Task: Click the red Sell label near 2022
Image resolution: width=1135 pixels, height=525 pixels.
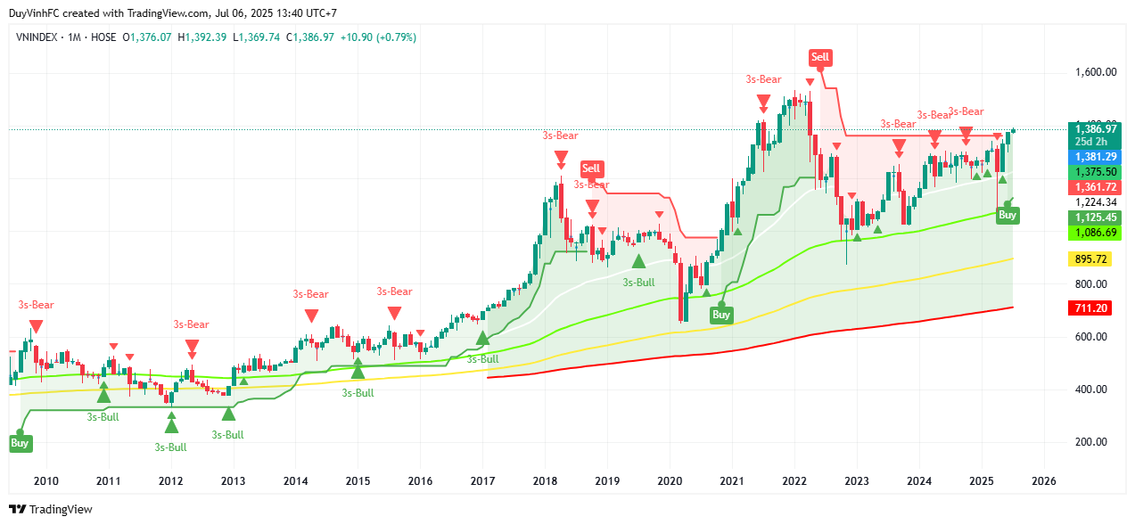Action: point(819,58)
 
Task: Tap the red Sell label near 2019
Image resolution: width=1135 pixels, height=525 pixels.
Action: point(591,168)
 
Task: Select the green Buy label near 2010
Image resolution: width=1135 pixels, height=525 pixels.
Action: point(20,442)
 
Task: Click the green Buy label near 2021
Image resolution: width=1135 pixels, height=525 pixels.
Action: point(721,314)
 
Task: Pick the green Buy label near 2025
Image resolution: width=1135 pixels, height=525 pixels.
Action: point(1007,215)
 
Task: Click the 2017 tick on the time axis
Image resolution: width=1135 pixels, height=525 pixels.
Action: point(482,480)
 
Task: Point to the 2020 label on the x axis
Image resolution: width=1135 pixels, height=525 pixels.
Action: point(670,480)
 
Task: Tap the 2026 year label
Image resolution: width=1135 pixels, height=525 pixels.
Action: point(1043,480)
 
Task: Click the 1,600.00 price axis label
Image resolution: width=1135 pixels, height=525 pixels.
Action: point(1096,73)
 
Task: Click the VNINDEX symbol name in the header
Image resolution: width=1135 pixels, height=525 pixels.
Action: point(39,37)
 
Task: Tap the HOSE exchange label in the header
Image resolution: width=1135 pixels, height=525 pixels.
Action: point(103,37)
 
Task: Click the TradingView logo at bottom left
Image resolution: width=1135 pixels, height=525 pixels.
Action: point(51,509)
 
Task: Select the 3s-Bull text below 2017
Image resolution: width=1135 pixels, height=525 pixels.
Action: point(482,359)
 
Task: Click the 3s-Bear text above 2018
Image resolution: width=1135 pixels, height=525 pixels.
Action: point(561,135)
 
